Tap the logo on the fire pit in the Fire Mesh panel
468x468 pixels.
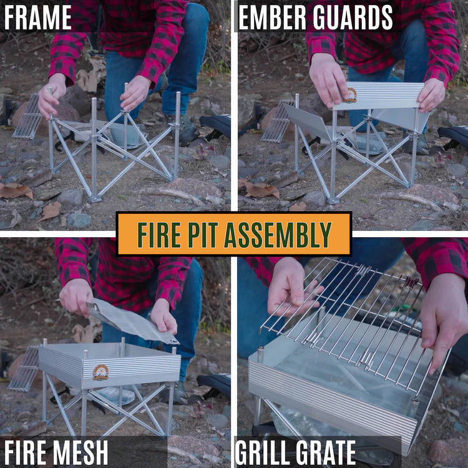[100, 373]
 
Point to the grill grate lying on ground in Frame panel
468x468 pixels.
[27, 116]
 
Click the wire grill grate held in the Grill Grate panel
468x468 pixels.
[349, 318]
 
